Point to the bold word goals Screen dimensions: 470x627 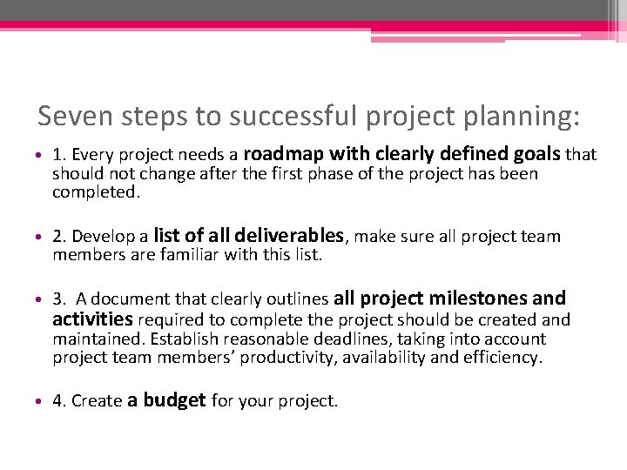point(536,154)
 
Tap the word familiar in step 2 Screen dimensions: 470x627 point(182,255)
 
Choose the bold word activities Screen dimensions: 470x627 point(92,319)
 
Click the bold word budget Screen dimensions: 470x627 point(174,400)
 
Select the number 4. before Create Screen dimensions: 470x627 point(59,401)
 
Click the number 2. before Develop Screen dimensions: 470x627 point(59,237)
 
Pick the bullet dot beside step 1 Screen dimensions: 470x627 point(42,156)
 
